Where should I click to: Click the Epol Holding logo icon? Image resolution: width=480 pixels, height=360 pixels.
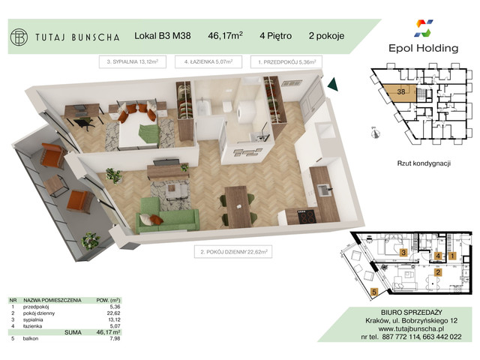(424, 29)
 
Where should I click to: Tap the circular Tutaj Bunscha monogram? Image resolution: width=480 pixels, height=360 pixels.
(19, 35)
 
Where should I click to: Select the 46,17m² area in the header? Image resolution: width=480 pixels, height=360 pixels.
(225, 35)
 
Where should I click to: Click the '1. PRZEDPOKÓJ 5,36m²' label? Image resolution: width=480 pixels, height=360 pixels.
(288, 62)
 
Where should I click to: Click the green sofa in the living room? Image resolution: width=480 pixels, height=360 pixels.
(167, 218)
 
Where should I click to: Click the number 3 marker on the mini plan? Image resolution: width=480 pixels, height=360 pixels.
(403, 253)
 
